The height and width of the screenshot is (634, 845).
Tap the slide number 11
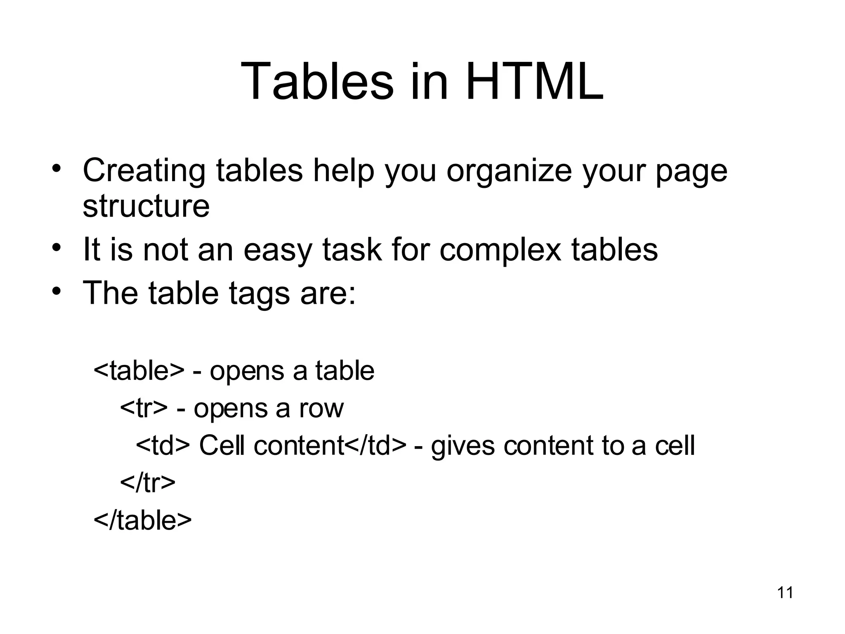pos(785,593)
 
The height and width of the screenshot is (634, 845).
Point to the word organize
pos(509,170)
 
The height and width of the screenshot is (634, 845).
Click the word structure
pos(146,206)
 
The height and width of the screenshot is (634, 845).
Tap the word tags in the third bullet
pos(259,293)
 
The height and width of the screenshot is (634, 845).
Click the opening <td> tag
pos(163,445)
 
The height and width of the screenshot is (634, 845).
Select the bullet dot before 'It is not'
pos(57,248)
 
